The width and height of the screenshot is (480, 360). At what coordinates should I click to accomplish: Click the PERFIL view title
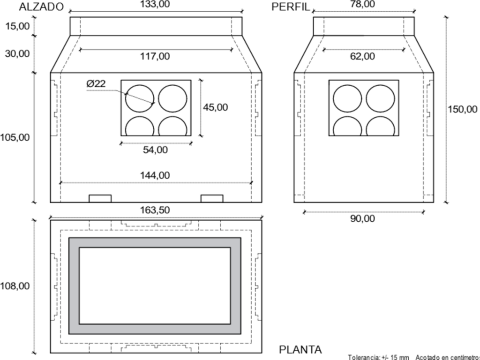tap(291, 7)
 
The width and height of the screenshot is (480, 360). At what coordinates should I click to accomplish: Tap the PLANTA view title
tap(300, 350)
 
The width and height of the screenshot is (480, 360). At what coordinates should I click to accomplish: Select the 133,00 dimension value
tap(155, 4)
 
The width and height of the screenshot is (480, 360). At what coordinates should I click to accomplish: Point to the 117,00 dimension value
tap(155, 57)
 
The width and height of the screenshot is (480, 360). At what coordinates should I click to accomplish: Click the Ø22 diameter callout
tap(96, 84)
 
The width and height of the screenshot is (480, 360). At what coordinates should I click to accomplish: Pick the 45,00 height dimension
tap(215, 107)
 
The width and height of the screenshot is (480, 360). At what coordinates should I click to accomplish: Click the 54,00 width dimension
tap(155, 150)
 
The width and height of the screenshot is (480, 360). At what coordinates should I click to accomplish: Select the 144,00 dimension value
tap(155, 175)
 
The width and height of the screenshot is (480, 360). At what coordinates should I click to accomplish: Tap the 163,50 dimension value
tap(155, 210)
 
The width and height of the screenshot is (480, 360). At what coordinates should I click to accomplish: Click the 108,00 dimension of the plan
tap(15, 286)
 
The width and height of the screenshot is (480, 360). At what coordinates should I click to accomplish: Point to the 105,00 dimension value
tap(15, 137)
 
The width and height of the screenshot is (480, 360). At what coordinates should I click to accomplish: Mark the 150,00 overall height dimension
tap(463, 109)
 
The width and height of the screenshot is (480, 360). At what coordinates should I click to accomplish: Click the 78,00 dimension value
tap(362, 4)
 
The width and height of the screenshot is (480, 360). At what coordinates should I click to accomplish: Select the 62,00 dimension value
tap(362, 57)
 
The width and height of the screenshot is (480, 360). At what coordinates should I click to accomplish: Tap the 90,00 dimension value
tap(362, 218)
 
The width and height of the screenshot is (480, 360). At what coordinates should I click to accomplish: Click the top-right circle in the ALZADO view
tap(173, 99)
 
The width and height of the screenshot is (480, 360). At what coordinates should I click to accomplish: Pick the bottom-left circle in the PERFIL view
tap(347, 127)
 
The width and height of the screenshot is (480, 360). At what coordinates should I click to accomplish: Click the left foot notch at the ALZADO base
tap(100, 198)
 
